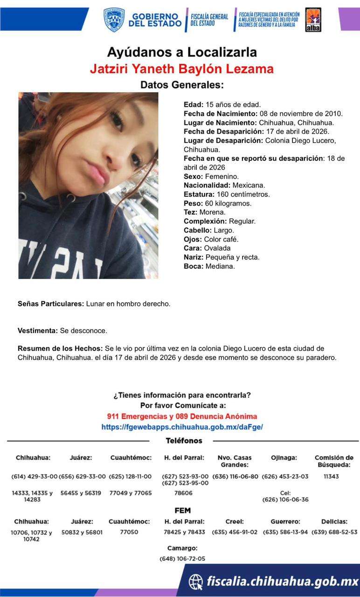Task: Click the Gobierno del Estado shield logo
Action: point(114,20)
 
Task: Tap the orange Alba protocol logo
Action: point(312,20)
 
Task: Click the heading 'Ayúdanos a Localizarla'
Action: point(182,52)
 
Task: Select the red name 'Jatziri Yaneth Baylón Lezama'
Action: point(182,69)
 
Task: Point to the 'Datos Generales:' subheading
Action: point(182,85)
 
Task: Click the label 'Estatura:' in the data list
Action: point(199,194)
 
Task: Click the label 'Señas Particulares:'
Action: point(51,304)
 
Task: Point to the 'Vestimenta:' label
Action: point(38,331)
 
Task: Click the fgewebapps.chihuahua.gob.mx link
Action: point(182,427)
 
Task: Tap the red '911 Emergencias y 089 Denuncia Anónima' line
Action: point(182,417)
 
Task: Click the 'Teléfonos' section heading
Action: point(184,441)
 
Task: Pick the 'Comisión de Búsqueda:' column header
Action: point(334,461)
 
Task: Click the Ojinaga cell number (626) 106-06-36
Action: point(285,500)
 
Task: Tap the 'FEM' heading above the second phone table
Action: point(182,511)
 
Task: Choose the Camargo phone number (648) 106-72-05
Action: point(182,559)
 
